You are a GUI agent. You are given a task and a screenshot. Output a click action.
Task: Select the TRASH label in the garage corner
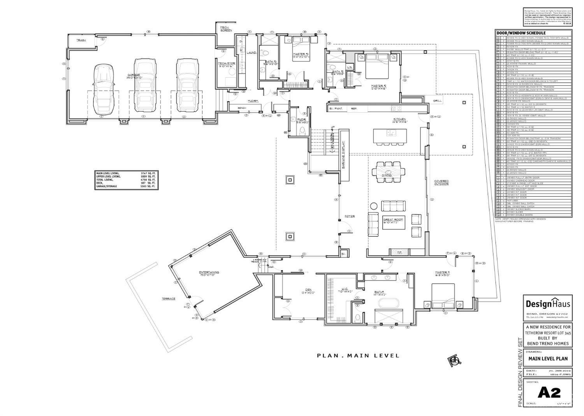pyautogui.click(x=81, y=40)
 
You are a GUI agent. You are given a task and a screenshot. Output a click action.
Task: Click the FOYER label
pyautogui.click(x=349, y=216)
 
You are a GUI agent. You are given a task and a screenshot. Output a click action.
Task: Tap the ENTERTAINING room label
pyautogui.click(x=209, y=273)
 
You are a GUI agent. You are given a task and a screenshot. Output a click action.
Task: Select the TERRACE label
pyautogui.click(x=169, y=299)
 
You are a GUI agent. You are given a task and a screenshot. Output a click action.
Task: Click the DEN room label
pyautogui.click(x=308, y=289)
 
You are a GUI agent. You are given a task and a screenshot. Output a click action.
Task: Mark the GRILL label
pyautogui.click(x=437, y=100)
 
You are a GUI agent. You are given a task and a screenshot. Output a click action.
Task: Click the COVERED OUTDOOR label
pyautogui.click(x=442, y=182)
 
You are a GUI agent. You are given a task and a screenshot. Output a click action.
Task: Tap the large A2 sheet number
pyautogui.click(x=549, y=393)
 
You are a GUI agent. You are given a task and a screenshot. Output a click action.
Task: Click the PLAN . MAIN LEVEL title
pyautogui.click(x=358, y=355)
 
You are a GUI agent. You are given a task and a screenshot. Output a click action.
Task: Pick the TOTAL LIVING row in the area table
pyautogui.click(x=126, y=180)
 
